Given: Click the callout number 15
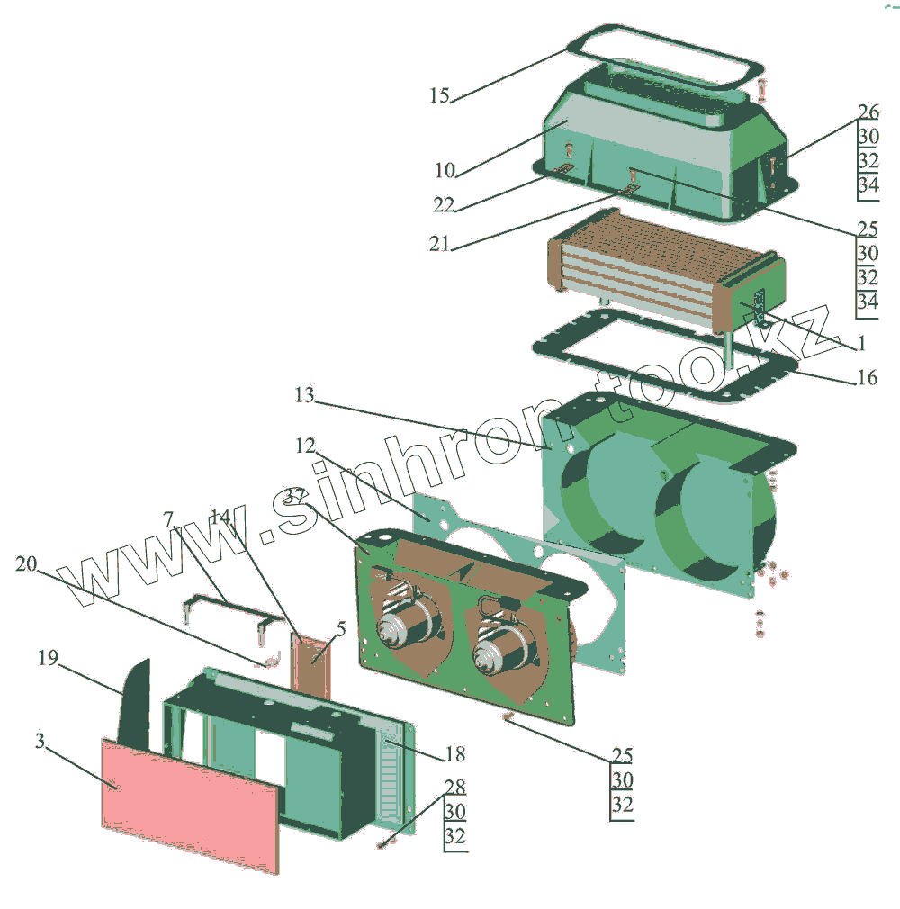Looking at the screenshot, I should pyautogui.click(x=439, y=95).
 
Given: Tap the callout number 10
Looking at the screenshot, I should pyautogui.click(x=445, y=169).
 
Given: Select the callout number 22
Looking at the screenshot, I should pyautogui.click(x=443, y=205).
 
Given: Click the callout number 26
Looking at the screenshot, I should pyautogui.click(x=868, y=112).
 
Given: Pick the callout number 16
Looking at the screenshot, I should pyautogui.click(x=867, y=377).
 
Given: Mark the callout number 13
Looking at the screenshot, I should pyautogui.click(x=305, y=394).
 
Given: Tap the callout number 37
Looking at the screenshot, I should pyautogui.click(x=296, y=496).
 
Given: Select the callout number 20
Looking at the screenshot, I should pyautogui.click(x=26, y=564).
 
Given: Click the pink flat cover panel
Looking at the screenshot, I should pyautogui.click(x=189, y=801).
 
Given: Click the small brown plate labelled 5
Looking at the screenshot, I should pyautogui.click(x=310, y=664).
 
